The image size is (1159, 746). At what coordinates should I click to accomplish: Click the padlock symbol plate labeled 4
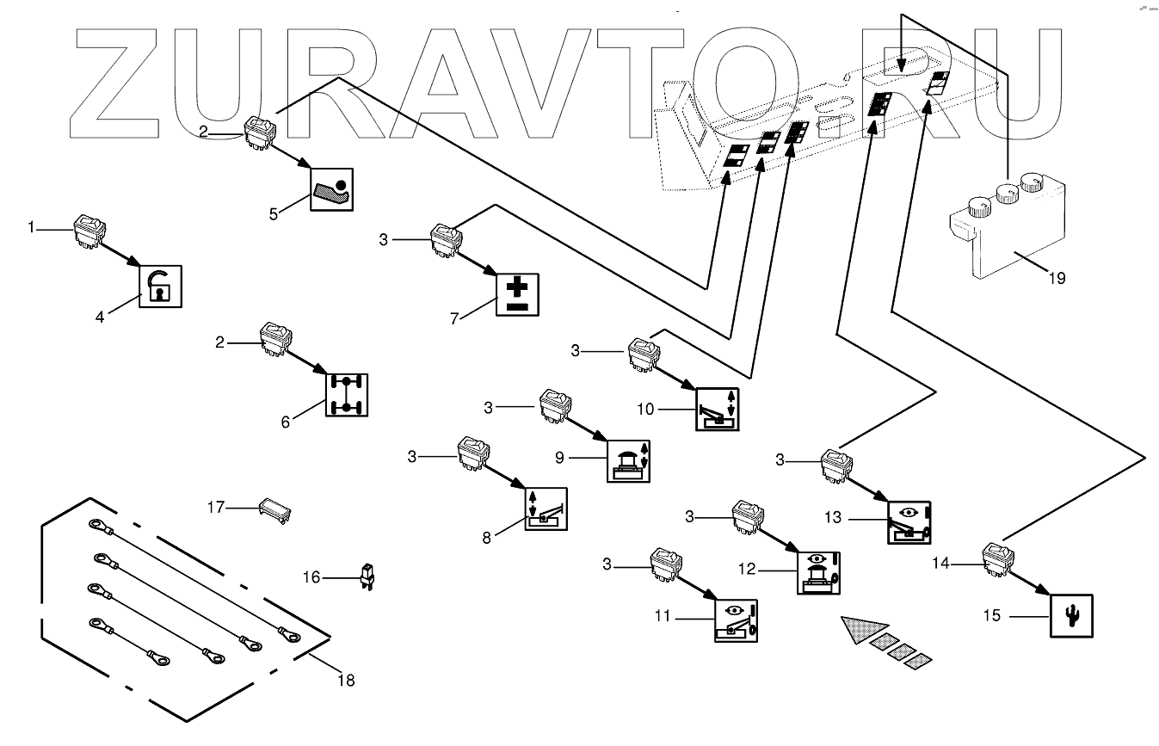click(x=161, y=285)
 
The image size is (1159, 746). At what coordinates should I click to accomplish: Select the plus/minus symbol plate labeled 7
click(x=518, y=293)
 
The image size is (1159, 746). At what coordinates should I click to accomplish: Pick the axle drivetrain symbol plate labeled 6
click(x=347, y=394)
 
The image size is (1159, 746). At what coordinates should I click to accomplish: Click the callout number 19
click(x=1057, y=278)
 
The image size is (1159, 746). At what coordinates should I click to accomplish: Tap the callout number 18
click(x=346, y=680)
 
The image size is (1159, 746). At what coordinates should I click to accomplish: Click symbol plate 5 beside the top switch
click(x=330, y=188)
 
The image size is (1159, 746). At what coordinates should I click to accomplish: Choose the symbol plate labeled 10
click(x=716, y=408)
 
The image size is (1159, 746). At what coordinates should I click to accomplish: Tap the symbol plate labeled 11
click(x=737, y=620)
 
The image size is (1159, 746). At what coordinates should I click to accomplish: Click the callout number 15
click(x=992, y=616)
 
